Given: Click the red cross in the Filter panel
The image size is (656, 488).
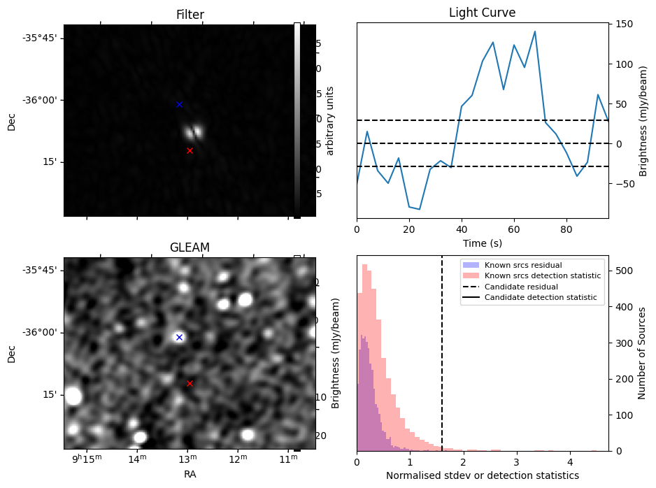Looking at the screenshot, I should (190, 150).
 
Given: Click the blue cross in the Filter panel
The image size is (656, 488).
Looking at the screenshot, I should (179, 104).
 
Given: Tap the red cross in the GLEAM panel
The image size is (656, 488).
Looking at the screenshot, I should (190, 383).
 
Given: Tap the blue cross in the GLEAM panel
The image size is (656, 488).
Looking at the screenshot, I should (179, 337).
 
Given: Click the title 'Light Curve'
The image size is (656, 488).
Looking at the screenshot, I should (482, 13).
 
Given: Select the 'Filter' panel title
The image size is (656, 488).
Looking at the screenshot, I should (190, 15).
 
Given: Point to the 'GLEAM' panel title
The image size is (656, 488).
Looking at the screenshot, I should (190, 247).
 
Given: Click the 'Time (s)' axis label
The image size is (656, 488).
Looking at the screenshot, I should (482, 243).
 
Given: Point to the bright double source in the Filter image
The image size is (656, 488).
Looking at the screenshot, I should (194, 131).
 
